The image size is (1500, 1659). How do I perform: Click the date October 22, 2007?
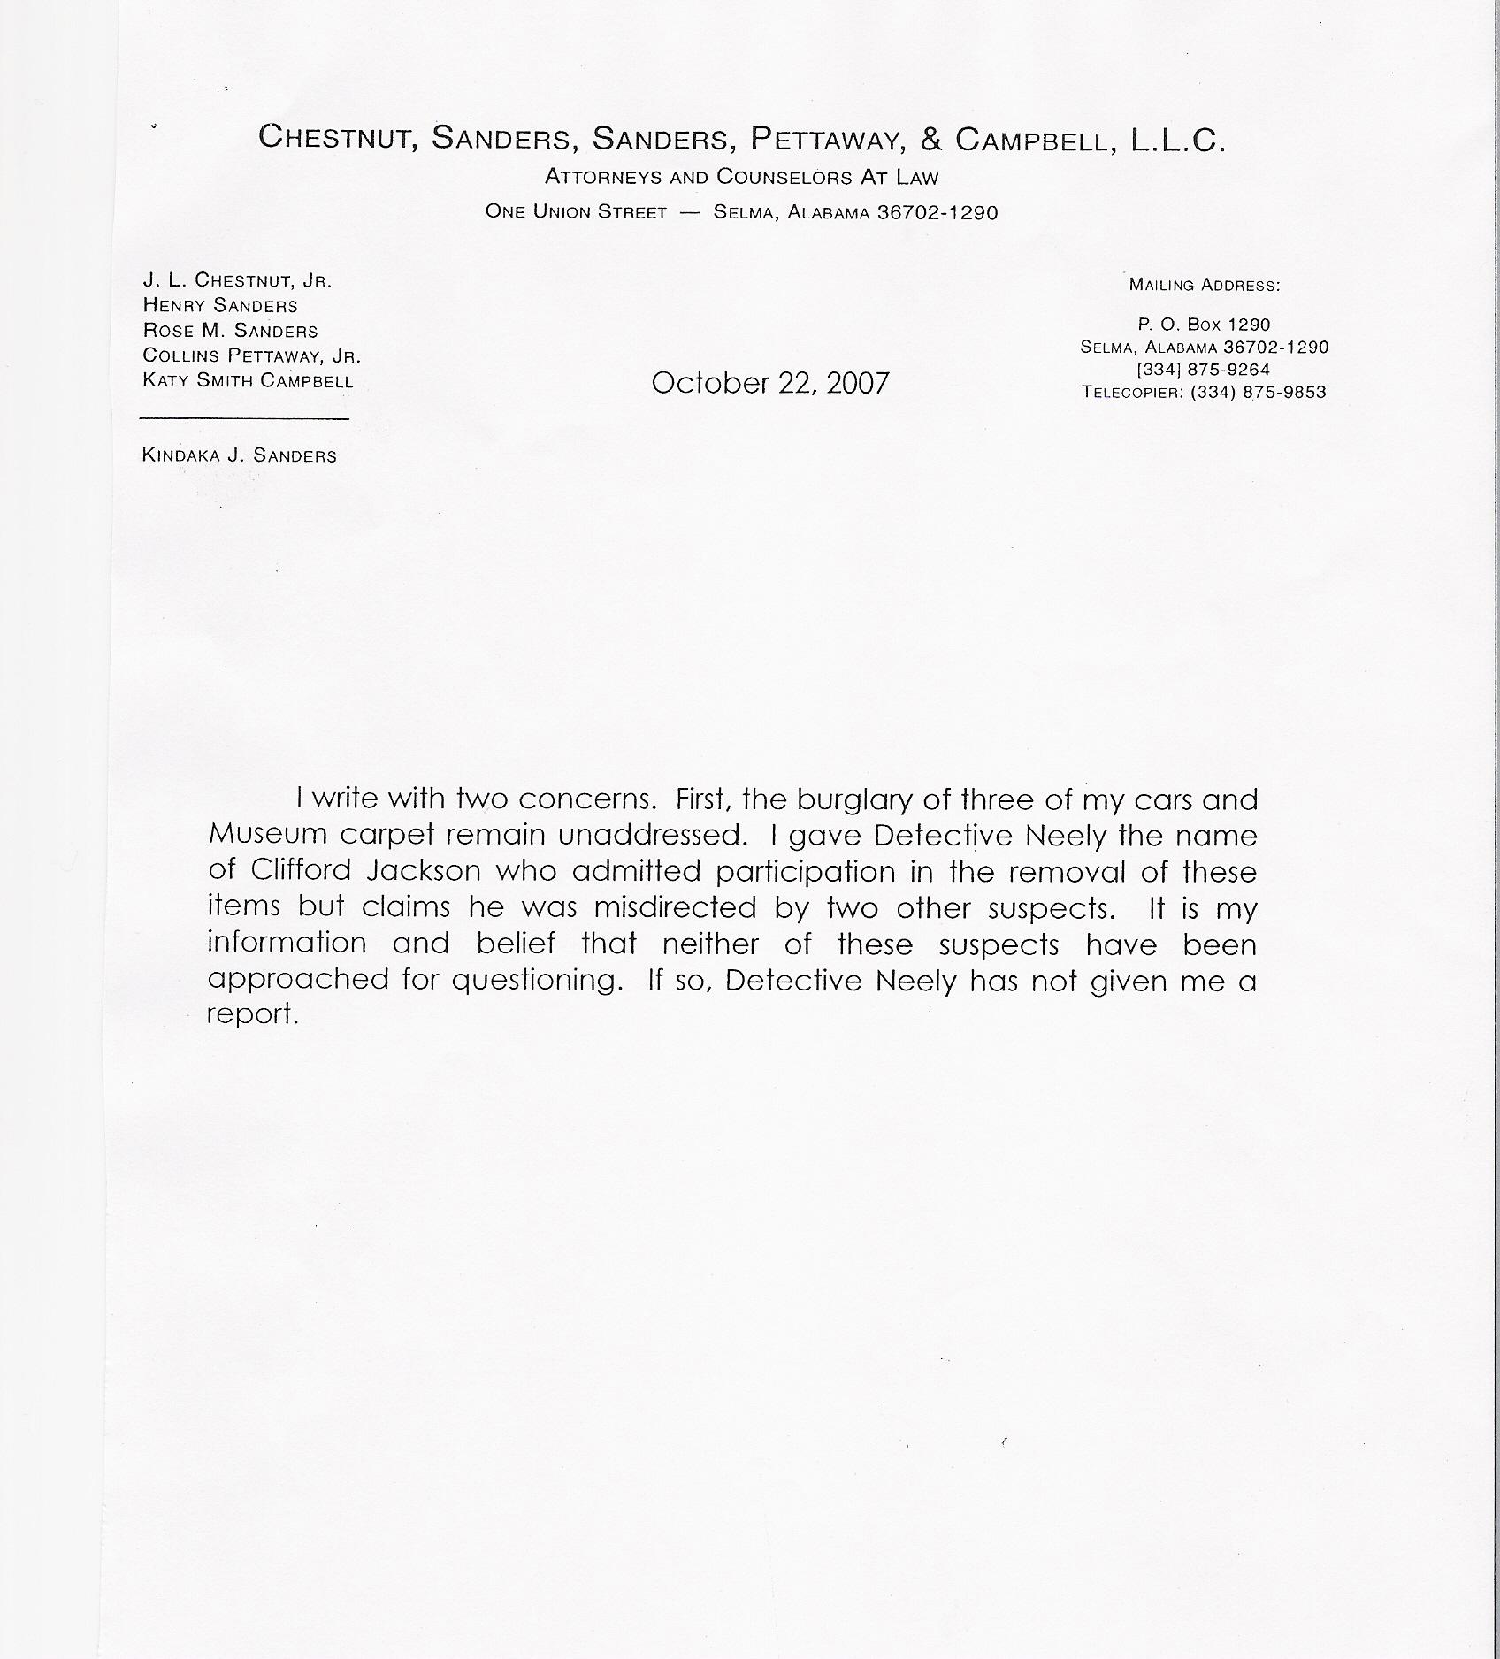(x=769, y=383)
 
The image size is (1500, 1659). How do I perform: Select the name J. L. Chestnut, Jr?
(x=237, y=280)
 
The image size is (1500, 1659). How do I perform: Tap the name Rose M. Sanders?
(x=230, y=331)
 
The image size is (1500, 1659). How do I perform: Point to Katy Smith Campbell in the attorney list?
(x=248, y=381)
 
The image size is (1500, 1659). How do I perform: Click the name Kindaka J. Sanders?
(x=239, y=455)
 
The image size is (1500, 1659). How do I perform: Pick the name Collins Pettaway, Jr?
(x=251, y=355)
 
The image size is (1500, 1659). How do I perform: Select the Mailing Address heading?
(x=1205, y=285)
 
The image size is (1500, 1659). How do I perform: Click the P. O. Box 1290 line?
(x=1204, y=325)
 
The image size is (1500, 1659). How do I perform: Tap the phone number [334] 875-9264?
(x=1204, y=370)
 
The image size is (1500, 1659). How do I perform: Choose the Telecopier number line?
(x=1204, y=392)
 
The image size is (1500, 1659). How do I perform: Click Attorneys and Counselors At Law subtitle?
(x=741, y=177)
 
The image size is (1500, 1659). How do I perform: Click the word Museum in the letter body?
(x=266, y=834)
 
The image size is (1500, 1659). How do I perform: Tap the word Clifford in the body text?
(x=301, y=870)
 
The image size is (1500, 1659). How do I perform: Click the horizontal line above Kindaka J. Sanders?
(x=244, y=418)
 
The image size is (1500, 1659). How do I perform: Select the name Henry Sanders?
(x=220, y=306)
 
